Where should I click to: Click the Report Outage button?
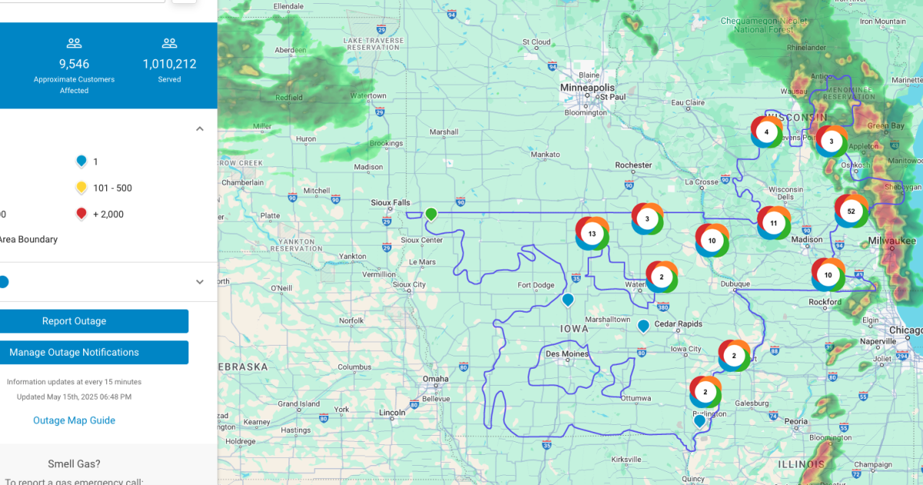tap(74, 321)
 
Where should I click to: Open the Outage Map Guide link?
tap(74, 420)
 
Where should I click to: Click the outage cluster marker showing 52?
tap(851, 211)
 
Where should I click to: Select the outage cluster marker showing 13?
tap(591, 233)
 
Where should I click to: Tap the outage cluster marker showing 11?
tap(774, 222)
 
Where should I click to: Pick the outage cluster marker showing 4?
tap(766, 132)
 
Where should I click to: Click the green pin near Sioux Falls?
tap(432, 213)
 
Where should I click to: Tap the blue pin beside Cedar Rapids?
tap(643, 326)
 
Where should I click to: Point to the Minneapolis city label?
tap(587, 88)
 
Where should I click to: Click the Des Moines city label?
tap(567, 354)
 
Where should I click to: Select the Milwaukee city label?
tap(893, 241)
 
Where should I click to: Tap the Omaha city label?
tap(435, 379)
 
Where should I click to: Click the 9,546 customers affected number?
tap(74, 64)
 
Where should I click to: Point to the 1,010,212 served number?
tap(169, 64)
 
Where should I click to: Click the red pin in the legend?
tap(81, 214)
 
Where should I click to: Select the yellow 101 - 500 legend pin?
tap(81, 187)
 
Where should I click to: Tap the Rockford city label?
tap(825, 303)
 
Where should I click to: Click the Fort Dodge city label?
tap(535, 286)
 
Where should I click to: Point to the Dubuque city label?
tap(735, 284)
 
